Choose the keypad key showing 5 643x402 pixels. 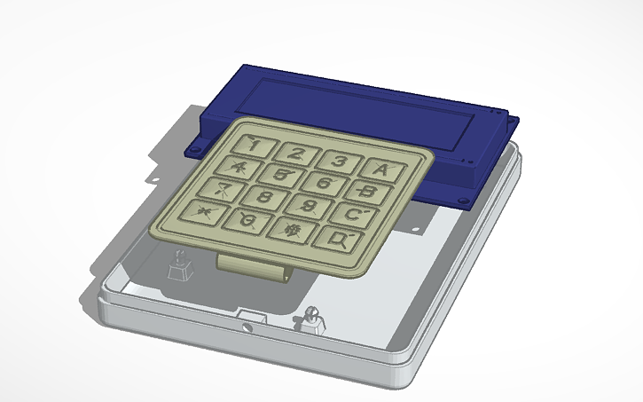[281, 174]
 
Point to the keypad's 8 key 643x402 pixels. [264, 196]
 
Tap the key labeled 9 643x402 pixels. [310, 205]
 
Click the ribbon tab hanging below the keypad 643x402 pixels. [255, 264]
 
